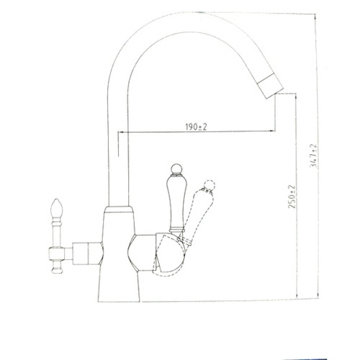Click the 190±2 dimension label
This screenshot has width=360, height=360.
pos(196,127)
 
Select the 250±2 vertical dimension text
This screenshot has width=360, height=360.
pos(292,197)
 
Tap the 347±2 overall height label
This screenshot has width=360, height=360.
pos(314,156)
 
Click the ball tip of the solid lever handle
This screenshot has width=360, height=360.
pos(176,169)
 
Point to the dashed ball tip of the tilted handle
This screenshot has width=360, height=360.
pos(210,186)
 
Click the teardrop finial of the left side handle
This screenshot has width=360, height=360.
pos(57,207)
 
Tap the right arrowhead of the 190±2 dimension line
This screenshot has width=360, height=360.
pos(272,131)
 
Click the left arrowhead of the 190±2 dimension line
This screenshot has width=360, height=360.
pos(120,132)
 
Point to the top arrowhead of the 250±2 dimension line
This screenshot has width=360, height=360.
pos(297,96)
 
